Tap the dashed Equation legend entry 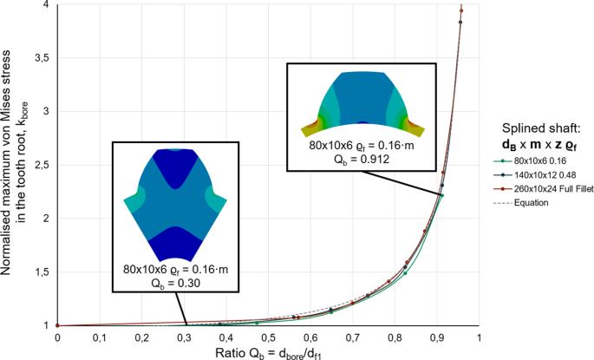(x=531, y=202)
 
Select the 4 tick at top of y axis (x=43, y=5)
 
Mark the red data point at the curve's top (x=461, y=11)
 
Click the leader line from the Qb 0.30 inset (x=181, y=308)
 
